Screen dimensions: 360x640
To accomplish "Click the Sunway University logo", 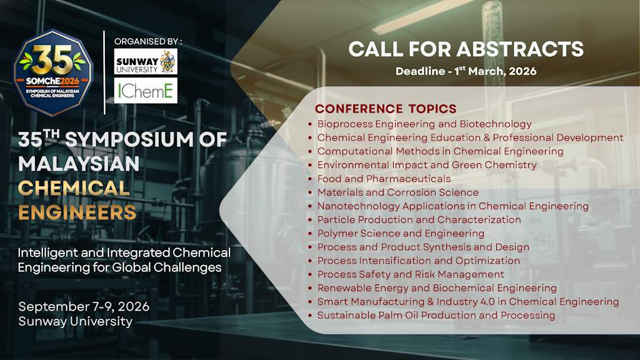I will tap(146, 62).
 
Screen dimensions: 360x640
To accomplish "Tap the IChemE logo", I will tap(146, 91).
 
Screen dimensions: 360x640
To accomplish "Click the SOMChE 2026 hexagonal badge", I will tap(53, 72).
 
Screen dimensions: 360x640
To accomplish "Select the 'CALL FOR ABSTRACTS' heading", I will tap(466, 49).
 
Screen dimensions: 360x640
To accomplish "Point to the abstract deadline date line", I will tap(466, 71).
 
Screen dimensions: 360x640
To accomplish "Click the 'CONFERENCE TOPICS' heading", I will tap(386, 109).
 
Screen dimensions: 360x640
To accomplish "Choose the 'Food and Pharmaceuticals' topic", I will tap(384, 179).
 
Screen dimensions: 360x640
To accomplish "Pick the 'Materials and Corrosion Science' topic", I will tap(397, 192).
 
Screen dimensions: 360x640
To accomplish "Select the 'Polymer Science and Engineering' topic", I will tap(401, 233).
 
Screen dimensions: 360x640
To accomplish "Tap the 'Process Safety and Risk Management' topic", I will tap(410, 274).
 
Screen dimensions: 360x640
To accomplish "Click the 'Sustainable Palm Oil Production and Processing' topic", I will tap(436, 315).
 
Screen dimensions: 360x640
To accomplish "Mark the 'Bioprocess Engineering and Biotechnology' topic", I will tap(424, 124).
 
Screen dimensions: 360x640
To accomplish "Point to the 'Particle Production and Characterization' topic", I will tap(419, 219).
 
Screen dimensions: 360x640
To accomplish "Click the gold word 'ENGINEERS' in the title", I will tap(77, 212).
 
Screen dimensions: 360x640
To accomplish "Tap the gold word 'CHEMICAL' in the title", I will tap(74, 187).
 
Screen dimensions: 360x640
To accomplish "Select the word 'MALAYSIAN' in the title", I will tap(79, 164).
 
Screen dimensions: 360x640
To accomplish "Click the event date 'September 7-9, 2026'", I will tap(84, 307).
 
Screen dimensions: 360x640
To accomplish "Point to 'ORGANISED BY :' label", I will tap(147, 41).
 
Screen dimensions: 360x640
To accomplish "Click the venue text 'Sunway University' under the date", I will tap(75, 322).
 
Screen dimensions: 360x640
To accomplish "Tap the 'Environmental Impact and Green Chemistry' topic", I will tap(427, 165).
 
